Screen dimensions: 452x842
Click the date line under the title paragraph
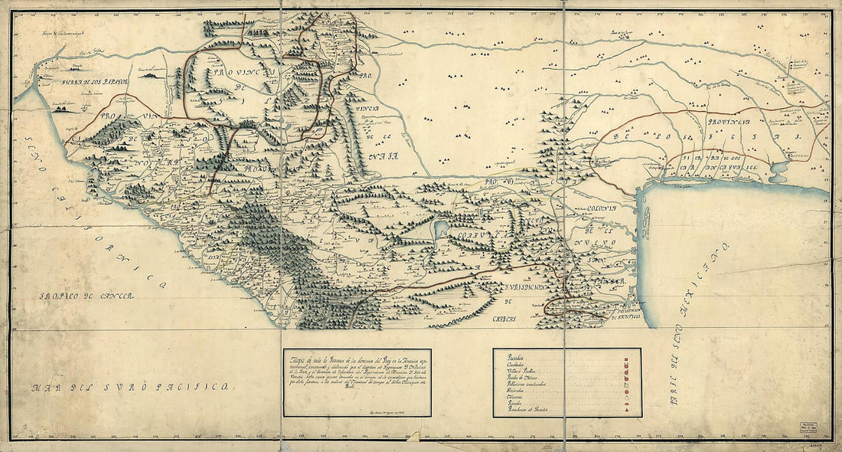point(383,411)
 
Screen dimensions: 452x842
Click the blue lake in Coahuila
point(440,228)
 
